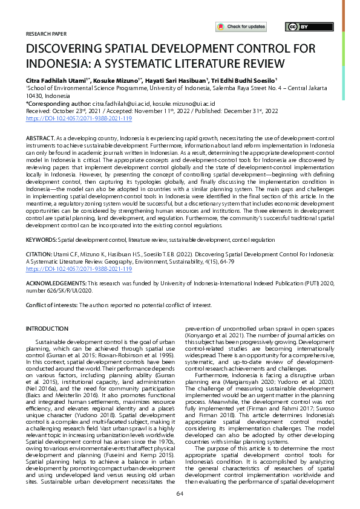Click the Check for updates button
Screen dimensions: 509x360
[x=241, y=27]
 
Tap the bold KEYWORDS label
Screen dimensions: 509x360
[x=40, y=240]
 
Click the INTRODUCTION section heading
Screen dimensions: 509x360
[x=47, y=328]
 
